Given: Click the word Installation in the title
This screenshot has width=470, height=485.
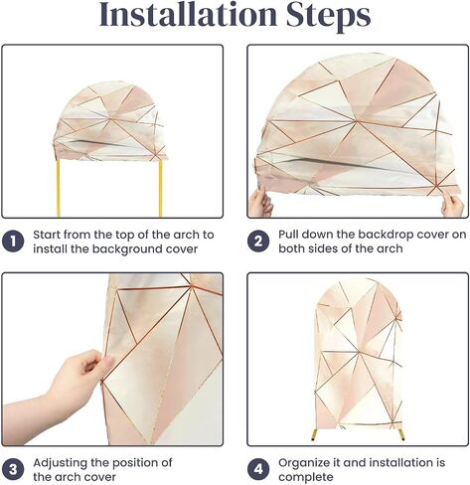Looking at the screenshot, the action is (x=188, y=15).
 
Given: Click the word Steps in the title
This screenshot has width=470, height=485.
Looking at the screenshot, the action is (x=328, y=17).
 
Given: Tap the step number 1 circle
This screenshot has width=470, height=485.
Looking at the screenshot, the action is (x=13, y=242).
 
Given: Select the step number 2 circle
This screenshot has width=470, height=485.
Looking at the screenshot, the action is (x=258, y=242).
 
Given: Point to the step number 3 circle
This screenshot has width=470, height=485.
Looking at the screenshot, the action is (x=13, y=469).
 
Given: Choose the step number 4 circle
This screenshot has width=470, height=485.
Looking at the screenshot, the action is (x=258, y=469).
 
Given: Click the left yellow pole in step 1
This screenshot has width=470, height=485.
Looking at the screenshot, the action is (x=59, y=188).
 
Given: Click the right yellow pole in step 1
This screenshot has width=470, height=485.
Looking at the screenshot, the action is (x=161, y=189).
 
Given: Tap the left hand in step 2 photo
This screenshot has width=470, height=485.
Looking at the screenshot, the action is (x=260, y=202).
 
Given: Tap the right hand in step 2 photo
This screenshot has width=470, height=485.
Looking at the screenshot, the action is (x=452, y=206).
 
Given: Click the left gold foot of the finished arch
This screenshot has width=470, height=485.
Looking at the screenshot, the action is (x=314, y=434).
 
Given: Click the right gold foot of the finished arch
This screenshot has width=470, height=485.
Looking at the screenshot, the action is (x=401, y=434).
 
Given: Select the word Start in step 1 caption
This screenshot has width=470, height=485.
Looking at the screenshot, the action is (x=47, y=235).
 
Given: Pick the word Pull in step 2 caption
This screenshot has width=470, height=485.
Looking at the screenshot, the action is (x=288, y=235).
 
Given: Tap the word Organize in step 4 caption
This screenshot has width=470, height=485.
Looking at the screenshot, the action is (x=301, y=463).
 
